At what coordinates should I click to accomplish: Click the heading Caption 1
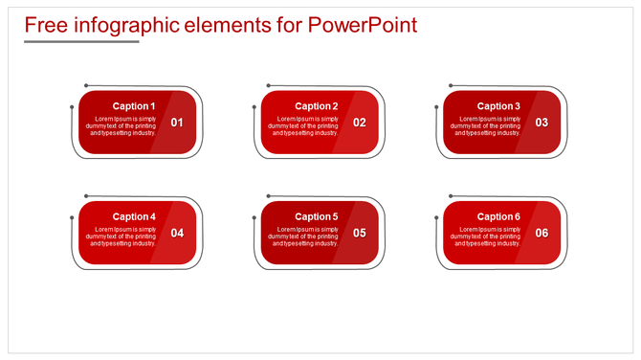point(133,106)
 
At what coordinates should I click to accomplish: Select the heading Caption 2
point(316,106)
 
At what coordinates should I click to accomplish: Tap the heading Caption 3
point(498,106)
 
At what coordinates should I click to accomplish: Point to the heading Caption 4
point(133,216)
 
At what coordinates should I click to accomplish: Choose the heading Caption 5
point(316,216)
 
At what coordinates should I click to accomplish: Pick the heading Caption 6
point(498,216)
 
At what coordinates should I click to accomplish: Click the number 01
point(177,123)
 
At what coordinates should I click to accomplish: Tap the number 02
point(360,123)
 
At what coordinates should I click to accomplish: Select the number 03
point(542,123)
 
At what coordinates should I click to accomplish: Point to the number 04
point(177,233)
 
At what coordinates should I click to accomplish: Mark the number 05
point(360,233)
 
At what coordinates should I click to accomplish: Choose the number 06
point(542,233)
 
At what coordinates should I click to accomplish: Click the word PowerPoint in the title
point(363,25)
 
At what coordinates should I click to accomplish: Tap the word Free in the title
point(46,25)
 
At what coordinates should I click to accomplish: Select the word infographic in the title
point(119,25)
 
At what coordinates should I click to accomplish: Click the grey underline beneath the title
point(81,42)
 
